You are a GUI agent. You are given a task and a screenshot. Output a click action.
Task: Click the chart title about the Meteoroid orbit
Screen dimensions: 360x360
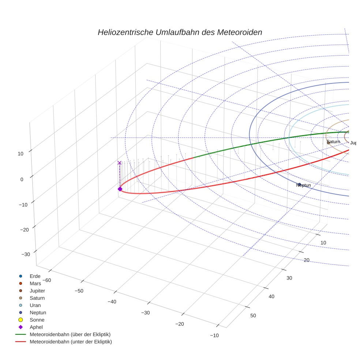click(x=180, y=32)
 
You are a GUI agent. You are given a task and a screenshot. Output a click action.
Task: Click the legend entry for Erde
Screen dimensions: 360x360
click(x=35, y=276)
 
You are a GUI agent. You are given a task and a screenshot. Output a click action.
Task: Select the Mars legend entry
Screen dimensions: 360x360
click(x=35, y=283)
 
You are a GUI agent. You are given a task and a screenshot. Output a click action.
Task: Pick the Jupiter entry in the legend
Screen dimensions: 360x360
click(x=37, y=290)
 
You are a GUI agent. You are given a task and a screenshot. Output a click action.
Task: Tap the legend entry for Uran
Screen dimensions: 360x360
click(x=35, y=305)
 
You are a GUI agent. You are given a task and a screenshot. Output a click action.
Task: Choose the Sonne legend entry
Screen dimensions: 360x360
click(x=37, y=320)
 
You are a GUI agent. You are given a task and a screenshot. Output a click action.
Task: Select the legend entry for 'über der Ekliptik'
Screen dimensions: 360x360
click(x=70, y=334)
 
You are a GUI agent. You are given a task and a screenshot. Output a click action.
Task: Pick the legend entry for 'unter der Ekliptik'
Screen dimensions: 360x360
click(x=71, y=342)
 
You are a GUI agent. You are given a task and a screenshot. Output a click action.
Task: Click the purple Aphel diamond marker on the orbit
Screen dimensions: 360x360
click(x=120, y=189)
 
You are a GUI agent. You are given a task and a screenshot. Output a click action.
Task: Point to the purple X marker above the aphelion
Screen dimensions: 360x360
click(x=119, y=163)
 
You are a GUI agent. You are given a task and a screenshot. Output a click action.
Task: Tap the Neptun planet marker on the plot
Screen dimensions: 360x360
click(x=299, y=184)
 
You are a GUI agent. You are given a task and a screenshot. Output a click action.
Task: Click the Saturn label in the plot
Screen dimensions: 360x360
click(x=333, y=142)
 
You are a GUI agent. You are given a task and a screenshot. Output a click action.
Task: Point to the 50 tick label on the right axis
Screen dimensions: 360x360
click(x=253, y=316)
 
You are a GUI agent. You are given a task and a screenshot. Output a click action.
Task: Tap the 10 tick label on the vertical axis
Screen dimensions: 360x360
click(x=20, y=154)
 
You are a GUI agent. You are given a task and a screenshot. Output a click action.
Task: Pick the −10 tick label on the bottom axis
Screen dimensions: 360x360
click(x=214, y=335)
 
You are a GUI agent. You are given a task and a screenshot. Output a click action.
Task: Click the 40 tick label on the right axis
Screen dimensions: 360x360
click(x=271, y=297)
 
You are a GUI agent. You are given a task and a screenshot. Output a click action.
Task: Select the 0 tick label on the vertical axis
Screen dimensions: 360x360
click(x=22, y=179)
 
